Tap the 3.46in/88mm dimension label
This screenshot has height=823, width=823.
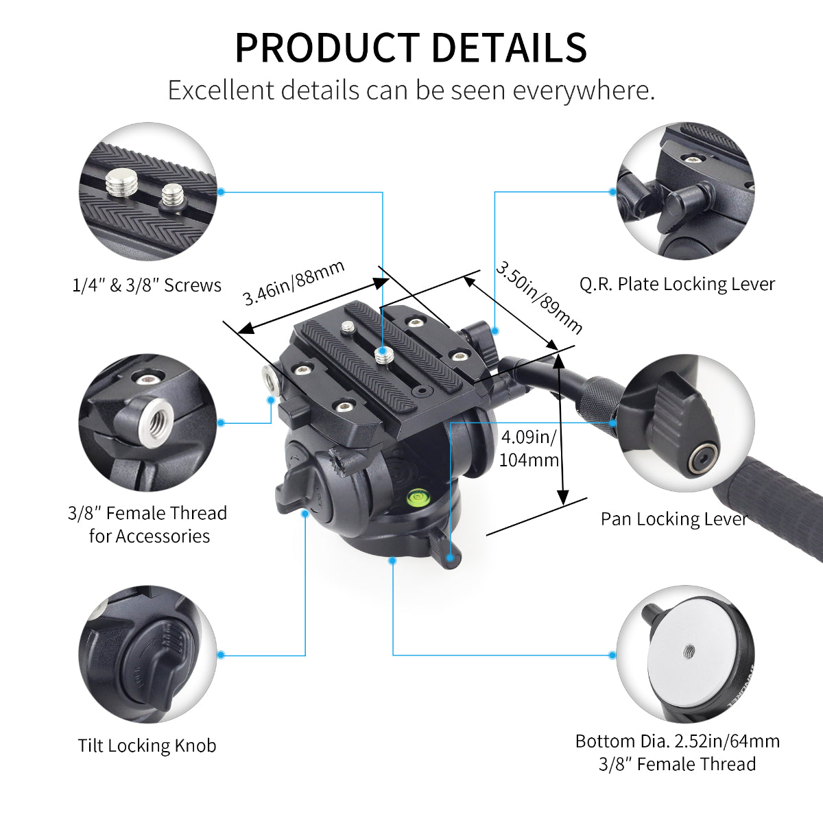pos(294,283)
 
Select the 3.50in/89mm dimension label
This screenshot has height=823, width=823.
pos(539,297)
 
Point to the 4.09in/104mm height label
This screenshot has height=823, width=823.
pos(528,448)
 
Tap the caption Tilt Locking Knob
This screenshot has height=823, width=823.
pos(147,746)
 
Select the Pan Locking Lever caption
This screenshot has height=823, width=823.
pos(673,518)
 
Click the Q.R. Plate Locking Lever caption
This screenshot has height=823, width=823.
pos(677,284)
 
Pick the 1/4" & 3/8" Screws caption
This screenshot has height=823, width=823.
pos(147,285)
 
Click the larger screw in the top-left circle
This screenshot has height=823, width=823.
pos(121,183)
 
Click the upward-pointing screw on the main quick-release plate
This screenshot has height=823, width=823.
pos(383,355)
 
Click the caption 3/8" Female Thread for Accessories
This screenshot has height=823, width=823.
pos(147,524)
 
